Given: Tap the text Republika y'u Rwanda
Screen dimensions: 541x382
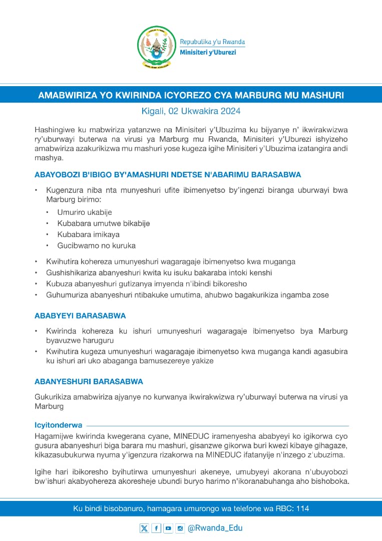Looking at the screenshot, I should (x=212, y=42).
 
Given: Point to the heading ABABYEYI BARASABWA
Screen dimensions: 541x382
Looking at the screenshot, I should (x=80, y=316).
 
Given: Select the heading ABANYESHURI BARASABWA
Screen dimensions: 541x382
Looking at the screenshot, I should (x=89, y=382).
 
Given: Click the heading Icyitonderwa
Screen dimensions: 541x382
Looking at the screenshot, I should (x=58, y=425).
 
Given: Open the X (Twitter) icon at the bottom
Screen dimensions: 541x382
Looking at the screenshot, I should (x=144, y=528).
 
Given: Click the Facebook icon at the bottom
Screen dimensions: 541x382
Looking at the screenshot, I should (x=156, y=528).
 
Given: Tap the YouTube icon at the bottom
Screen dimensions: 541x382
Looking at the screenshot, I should (x=168, y=528).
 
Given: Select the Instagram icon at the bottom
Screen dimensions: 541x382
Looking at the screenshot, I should (x=180, y=528).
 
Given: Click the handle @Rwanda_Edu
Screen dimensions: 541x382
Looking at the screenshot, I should (x=215, y=528).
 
